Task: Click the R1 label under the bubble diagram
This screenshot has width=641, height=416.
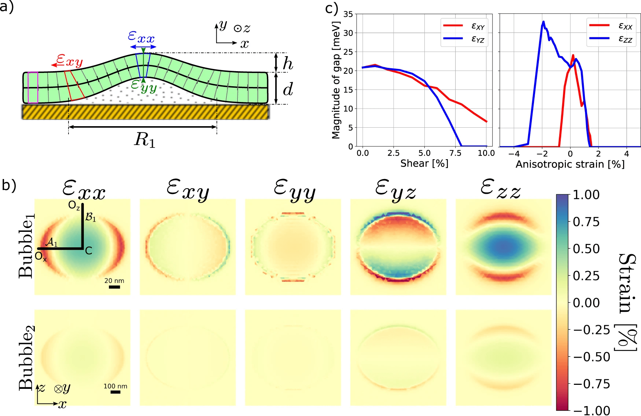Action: [x=145, y=140]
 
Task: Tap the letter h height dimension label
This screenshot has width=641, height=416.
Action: [x=288, y=64]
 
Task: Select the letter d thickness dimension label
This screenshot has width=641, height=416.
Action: [x=288, y=89]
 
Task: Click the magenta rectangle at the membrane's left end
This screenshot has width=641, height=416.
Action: [x=33, y=88]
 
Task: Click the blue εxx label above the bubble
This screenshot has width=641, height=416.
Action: [x=141, y=37]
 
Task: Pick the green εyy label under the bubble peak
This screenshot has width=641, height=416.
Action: [x=144, y=86]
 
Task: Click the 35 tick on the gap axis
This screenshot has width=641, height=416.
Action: [x=348, y=14]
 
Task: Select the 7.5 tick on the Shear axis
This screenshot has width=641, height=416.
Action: [x=455, y=153]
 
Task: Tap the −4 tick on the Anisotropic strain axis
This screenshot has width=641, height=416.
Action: [x=514, y=154]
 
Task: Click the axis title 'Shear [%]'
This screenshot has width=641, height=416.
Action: [x=424, y=164]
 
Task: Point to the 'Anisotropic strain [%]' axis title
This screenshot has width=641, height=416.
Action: [x=570, y=164]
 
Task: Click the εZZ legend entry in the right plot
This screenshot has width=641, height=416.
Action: [x=625, y=39]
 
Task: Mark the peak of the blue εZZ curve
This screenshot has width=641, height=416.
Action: [x=543, y=21]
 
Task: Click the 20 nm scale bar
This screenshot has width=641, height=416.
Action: [x=114, y=287]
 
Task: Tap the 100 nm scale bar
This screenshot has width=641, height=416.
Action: [x=115, y=392]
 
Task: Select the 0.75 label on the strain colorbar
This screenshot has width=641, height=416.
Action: [x=586, y=222]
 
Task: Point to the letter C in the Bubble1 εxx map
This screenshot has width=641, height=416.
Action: [x=89, y=251]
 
